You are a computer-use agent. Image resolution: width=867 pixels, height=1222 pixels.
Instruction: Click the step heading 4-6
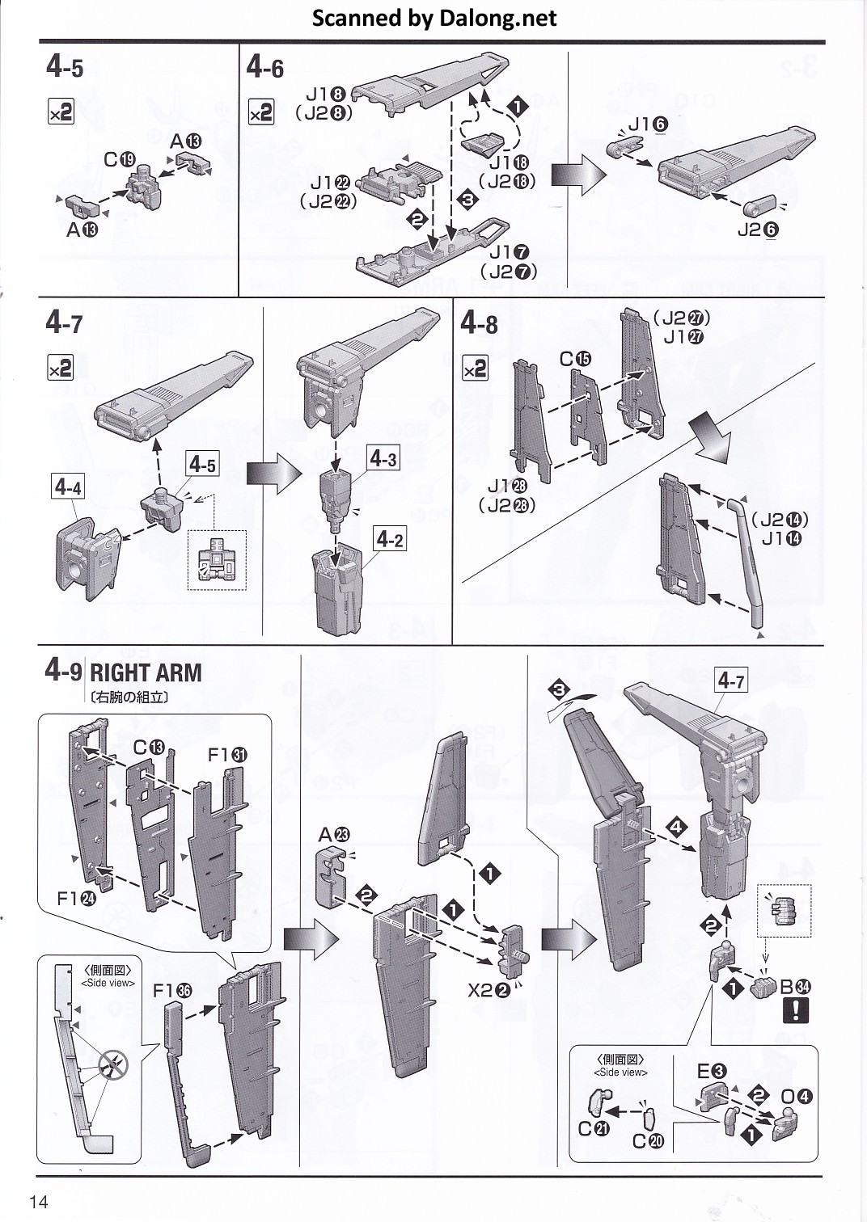tap(264, 68)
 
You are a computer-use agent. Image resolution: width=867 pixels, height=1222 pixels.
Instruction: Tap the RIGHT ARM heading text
tap(146, 672)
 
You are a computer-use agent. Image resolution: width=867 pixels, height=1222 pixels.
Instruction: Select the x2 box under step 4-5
tap(61, 112)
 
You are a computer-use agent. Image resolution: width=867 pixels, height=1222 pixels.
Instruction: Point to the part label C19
tap(120, 160)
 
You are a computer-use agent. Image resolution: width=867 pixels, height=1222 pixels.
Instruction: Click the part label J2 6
tap(758, 230)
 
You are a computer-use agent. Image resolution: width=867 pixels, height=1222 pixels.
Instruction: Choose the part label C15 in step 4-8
tap(576, 359)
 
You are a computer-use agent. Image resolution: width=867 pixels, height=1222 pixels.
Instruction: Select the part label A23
tap(334, 835)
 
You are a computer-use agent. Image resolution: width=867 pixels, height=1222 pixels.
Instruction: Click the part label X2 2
tap(488, 990)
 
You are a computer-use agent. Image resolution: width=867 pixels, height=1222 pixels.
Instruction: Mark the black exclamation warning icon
tap(796, 1010)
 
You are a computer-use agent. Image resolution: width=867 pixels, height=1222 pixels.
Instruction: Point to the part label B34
tap(795, 986)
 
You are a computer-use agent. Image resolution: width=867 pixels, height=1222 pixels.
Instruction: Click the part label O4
tap(797, 1097)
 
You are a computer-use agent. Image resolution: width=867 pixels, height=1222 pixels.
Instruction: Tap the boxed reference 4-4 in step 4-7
tap(68, 487)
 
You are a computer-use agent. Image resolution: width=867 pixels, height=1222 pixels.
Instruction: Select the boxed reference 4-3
tap(383, 459)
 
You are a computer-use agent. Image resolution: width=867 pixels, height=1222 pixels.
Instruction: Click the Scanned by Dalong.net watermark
tap(434, 18)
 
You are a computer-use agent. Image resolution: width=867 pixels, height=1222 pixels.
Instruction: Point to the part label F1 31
tap(228, 755)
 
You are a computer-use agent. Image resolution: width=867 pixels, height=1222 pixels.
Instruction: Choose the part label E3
tap(712, 1072)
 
